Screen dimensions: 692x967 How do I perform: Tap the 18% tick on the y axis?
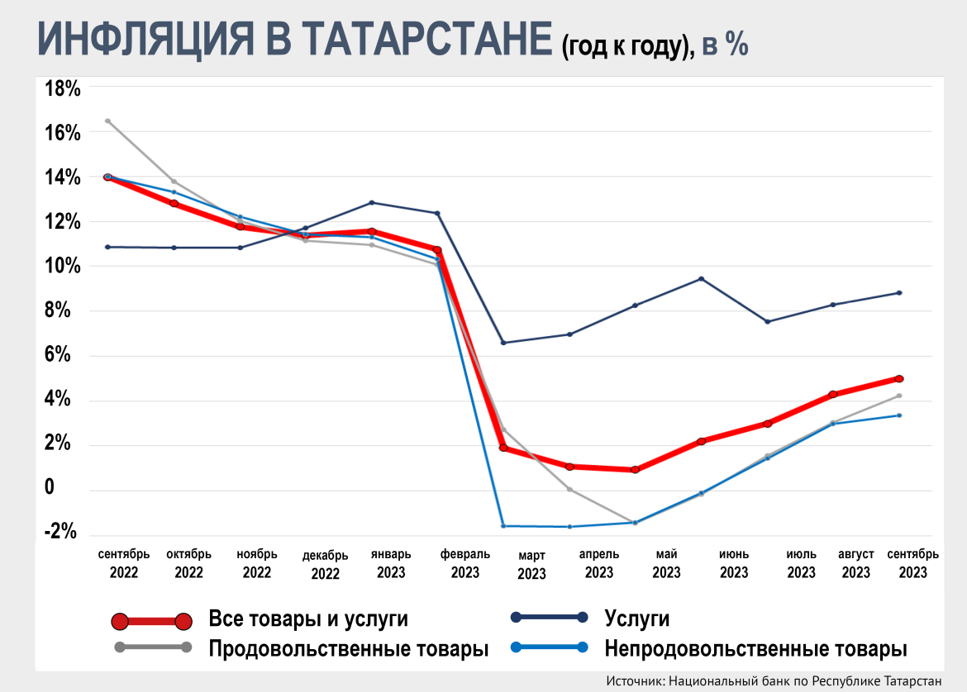(x=61, y=88)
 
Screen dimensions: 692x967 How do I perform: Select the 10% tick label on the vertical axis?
(x=61, y=266)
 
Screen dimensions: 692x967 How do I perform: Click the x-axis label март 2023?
(x=531, y=565)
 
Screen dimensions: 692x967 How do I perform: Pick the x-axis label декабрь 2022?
(x=325, y=565)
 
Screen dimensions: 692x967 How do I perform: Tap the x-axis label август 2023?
(x=855, y=563)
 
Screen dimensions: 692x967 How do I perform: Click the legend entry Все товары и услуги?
(x=308, y=619)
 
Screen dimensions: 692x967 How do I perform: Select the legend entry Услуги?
(x=636, y=619)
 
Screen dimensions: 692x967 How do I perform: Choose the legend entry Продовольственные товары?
(x=348, y=648)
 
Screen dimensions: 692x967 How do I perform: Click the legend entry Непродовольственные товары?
(x=755, y=648)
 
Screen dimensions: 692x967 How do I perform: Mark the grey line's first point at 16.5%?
(x=107, y=121)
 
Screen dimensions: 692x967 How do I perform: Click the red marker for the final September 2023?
(x=899, y=378)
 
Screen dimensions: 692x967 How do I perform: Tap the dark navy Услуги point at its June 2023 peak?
(x=701, y=278)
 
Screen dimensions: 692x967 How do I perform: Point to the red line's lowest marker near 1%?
(x=635, y=470)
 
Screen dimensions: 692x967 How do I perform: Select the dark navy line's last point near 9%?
(x=899, y=292)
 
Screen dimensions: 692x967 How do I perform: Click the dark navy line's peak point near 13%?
(x=372, y=202)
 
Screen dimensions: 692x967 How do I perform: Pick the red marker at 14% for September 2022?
(x=107, y=177)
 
